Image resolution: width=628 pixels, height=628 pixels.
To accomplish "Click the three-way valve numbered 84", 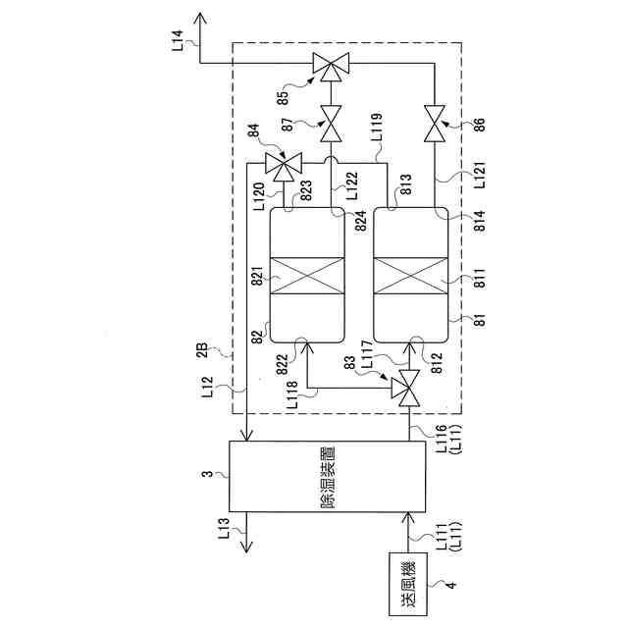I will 286,168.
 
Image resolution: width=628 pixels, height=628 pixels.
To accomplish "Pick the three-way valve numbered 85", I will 329,67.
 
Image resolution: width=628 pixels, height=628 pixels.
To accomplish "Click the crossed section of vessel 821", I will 306,279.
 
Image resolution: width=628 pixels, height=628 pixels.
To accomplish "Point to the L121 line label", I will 480,179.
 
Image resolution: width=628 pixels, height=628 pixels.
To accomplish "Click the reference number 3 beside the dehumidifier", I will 209,474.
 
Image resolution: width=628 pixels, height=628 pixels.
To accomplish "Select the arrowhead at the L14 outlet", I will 201,19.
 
